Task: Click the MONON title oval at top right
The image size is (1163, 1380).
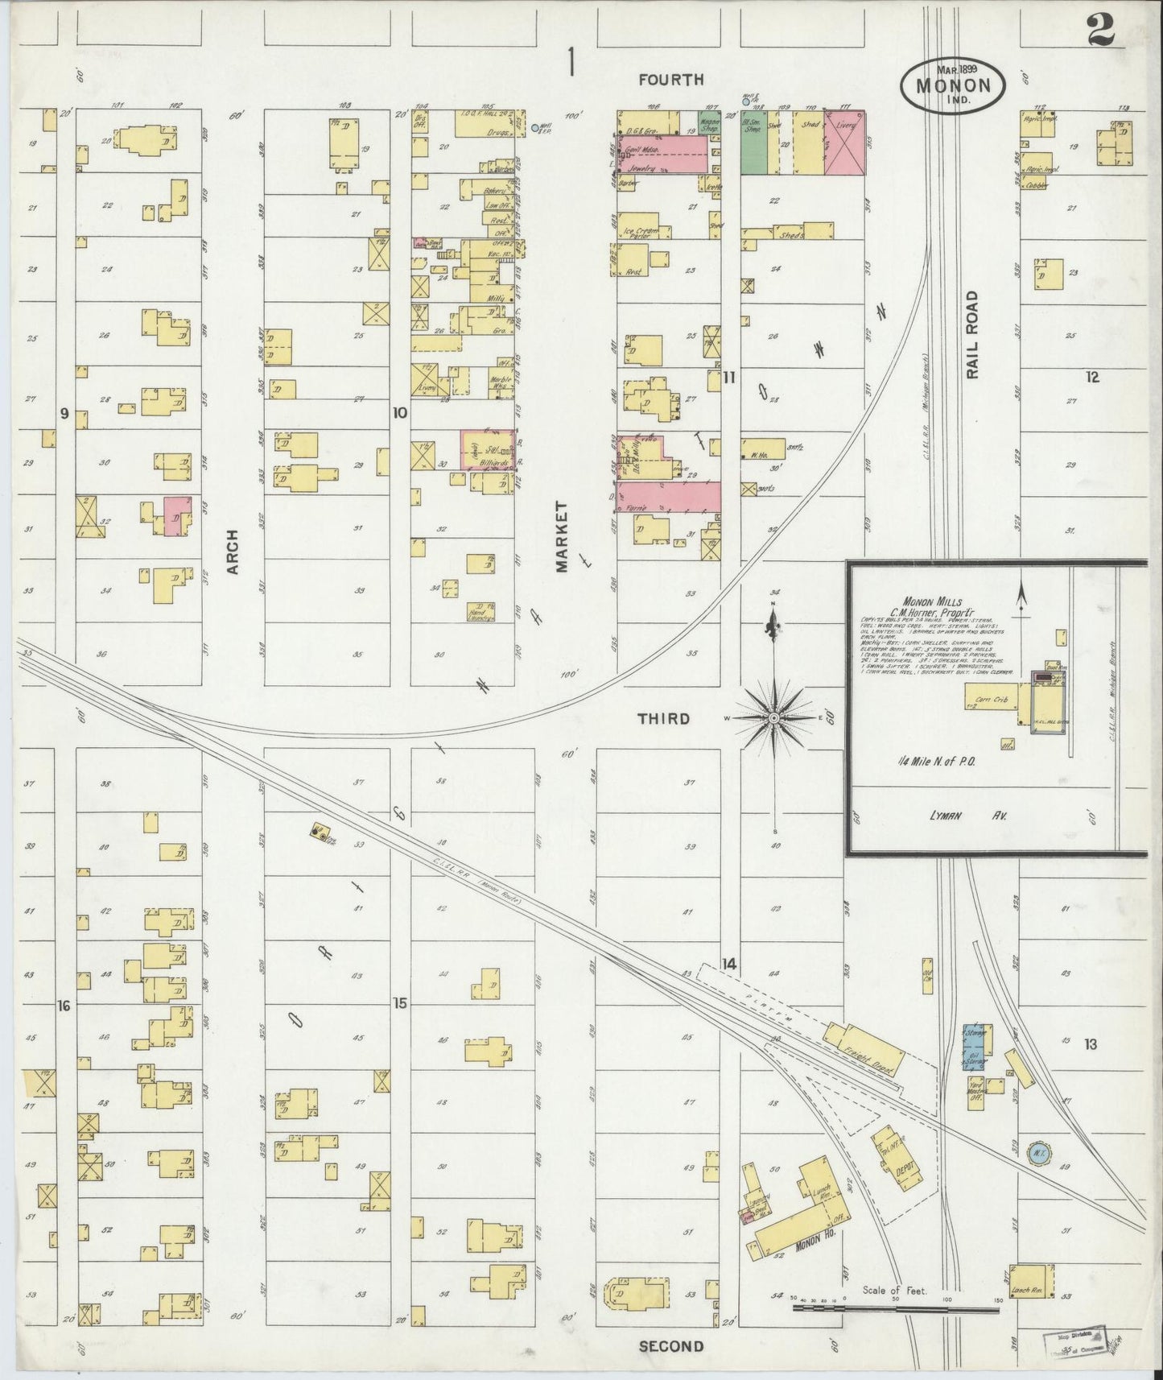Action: coord(951,85)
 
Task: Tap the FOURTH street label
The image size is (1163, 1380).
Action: coord(670,79)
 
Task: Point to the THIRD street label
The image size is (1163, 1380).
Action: coord(663,718)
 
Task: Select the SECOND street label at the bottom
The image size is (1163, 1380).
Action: coord(671,1346)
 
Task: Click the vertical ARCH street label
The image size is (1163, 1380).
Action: coord(233,551)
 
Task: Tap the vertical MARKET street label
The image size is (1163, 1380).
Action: coord(561,537)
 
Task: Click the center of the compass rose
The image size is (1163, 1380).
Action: coord(773,717)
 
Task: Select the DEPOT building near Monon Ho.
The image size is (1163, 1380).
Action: coord(901,1160)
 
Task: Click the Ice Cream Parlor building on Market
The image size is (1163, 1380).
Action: coord(642,232)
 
